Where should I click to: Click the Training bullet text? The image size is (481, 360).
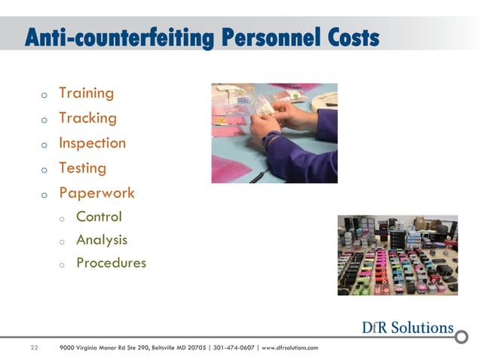pos(86,93)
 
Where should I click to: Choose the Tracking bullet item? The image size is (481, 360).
pos(87,118)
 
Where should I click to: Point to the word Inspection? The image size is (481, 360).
pos(92,143)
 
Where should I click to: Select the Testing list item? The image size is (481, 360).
pos(82,168)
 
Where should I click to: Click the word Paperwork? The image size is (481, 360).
pos(97,193)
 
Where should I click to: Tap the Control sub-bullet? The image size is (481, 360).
pos(99,217)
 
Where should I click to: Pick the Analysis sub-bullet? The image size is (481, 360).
pos(102,240)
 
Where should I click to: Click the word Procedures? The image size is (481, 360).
pos(111,264)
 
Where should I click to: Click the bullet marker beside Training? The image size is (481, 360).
pos(44,96)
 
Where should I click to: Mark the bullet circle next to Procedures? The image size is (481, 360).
pos(63,265)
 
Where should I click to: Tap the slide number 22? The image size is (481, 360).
pos(34,347)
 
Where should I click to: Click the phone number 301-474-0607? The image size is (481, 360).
pos(234,347)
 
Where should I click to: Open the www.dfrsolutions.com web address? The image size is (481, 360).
pos(290,347)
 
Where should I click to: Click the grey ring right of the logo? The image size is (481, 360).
pos(461,336)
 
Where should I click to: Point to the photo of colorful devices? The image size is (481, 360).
pos(397,255)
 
